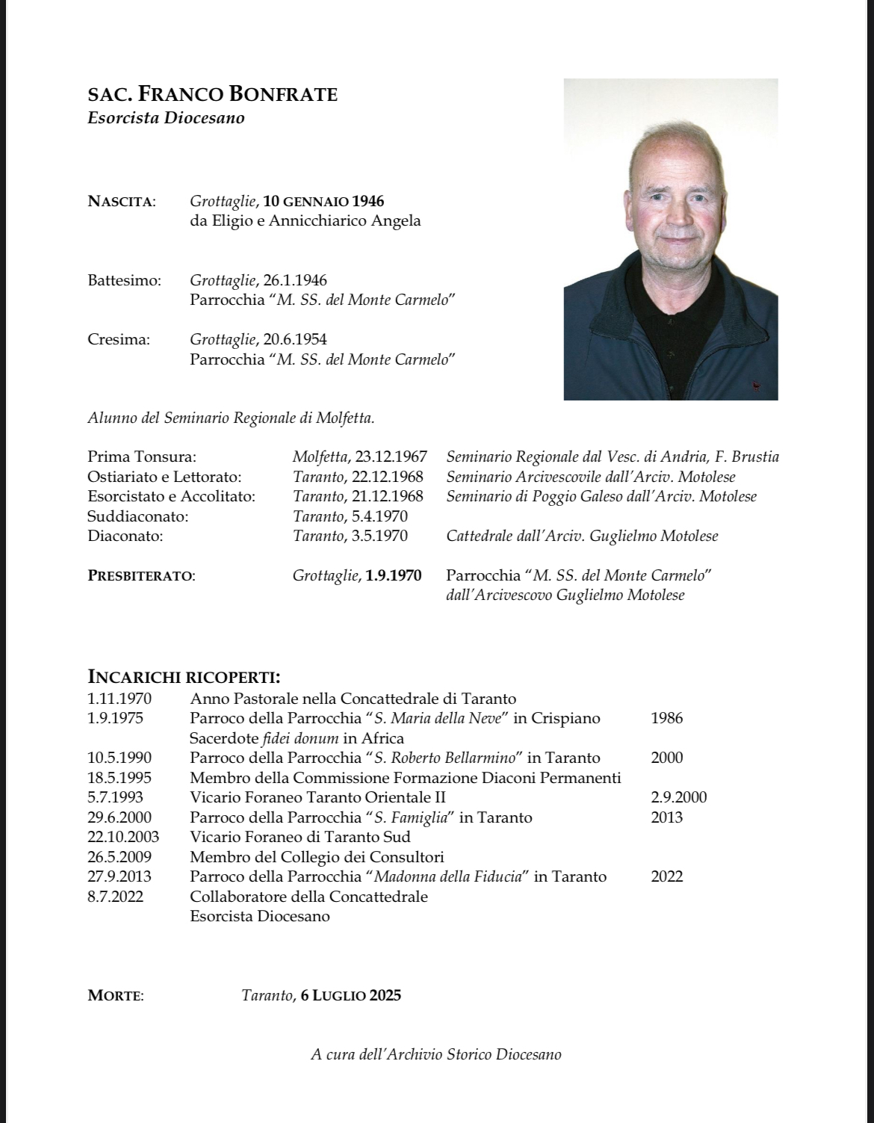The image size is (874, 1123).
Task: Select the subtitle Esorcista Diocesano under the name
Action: pyautogui.click(x=166, y=118)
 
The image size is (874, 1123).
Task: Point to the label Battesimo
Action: pyautogui.click(x=124, y=280)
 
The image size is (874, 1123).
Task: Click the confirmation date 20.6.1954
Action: pyautogui.click(x=295, y=339)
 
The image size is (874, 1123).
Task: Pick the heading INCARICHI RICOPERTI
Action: pyautogui.click(x=184, y=677)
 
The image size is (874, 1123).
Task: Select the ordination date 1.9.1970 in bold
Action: pyautogui.click(x=394, y=575)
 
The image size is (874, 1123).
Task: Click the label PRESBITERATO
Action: pyautogui.click(x=141, y=576)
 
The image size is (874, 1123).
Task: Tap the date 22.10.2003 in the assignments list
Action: pyautogui.click(x=123, y=837)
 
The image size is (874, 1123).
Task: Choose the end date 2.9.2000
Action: pyautogui.click(x=678, y=797)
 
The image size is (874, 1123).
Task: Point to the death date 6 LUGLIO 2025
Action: pyautogui.click(x=351, y=995)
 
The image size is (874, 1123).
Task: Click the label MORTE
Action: pyautogui.click(x=116, y=995)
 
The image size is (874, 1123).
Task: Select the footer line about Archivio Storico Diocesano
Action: pyautogui.click(x=436, y=1054)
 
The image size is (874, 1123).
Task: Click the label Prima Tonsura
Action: pyautogui.click(x=142, y=457)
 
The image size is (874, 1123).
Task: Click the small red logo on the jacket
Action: pyautogui.click(x=756, y=386)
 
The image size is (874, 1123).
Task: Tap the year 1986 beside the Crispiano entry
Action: pyautogui.click(x=666, y=718)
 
